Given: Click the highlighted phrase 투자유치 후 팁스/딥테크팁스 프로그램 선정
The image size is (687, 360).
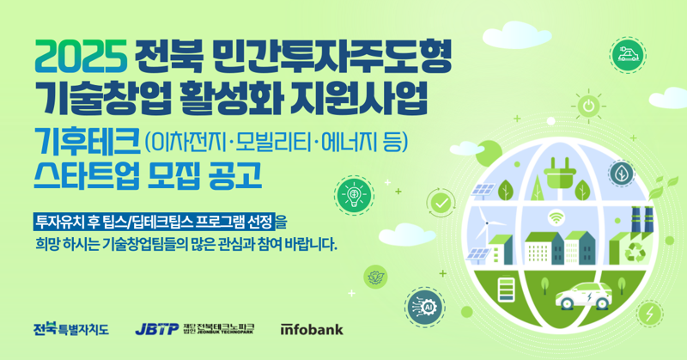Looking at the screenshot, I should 154,220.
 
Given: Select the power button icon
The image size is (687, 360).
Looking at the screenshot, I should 588,107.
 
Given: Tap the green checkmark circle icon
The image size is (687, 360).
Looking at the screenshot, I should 441,204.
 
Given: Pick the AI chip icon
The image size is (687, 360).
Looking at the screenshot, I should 427,305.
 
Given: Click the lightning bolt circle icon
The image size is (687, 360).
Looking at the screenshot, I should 652,312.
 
